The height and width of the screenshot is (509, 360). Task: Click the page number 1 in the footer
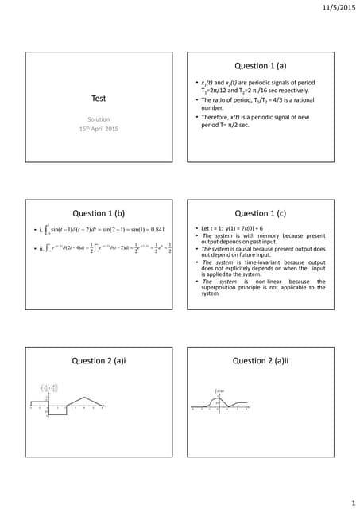[x=350, y=503]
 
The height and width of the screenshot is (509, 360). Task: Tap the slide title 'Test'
[x=99, y=99]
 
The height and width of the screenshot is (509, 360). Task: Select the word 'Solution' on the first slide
[x=99, y=119]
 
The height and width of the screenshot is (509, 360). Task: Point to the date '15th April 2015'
[x=99, y=129]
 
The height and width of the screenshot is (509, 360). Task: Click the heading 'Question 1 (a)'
[x=266, y=65]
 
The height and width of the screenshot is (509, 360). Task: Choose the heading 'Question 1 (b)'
[x=99, y=213]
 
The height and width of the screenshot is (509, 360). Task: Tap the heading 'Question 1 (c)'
[x=266, y=213]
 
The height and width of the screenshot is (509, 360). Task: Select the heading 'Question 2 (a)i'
[x=99, y=360]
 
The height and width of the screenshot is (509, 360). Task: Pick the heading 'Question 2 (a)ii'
[x=266, y=360]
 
